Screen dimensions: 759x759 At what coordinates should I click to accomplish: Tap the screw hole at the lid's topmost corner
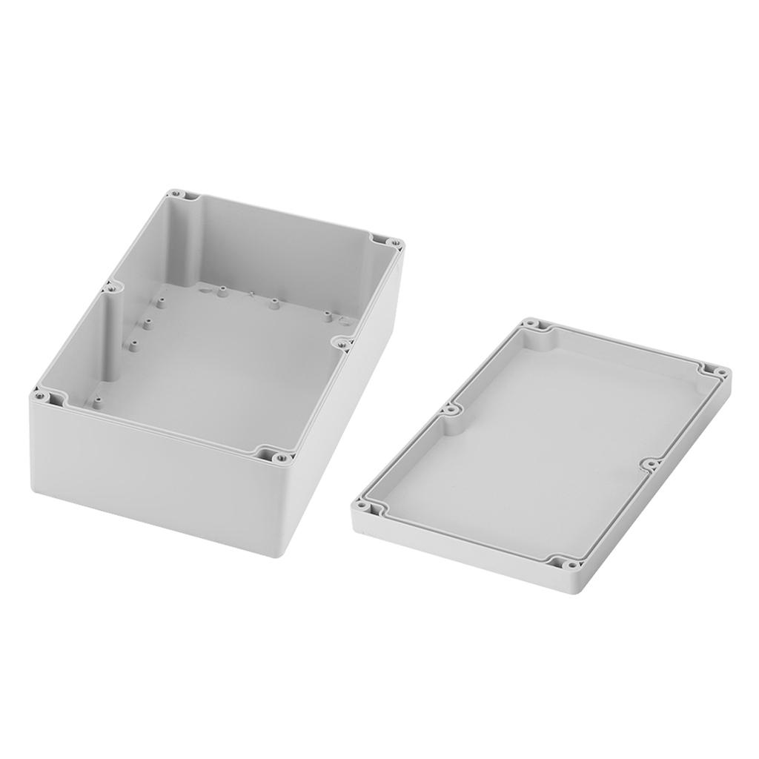[x=531, y=324]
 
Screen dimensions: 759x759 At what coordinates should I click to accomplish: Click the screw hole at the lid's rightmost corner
[x=718, y=371]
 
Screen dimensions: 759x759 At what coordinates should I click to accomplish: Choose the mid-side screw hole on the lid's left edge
[x=448, y=408]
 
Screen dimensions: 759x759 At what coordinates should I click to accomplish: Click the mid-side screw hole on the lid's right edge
[x=650, y=465]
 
